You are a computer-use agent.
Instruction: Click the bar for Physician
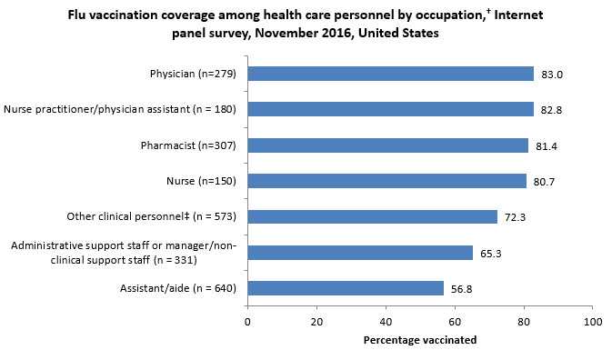point(390,74)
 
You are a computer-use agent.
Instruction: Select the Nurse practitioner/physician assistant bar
point(390,109)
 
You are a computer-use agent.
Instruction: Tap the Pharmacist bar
point(387,145)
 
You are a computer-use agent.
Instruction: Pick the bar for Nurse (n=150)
point(386,181)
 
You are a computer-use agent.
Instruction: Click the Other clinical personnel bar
point(372,216)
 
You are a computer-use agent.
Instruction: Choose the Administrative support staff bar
point(360,253)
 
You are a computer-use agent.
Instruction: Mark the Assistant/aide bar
point(346,288)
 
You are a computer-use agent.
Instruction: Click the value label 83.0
point(553,74)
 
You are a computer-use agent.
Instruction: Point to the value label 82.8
point(553,109)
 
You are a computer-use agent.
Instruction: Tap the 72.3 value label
point(518,216)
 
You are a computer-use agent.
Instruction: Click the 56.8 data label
point(465,288)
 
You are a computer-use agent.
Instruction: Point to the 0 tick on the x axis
point(247,322)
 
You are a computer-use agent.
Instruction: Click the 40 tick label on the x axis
point(386,322)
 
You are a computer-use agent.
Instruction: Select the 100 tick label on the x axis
point(593,322)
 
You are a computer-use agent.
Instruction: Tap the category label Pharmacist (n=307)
point(194,145)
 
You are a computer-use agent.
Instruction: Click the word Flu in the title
point(78,15)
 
